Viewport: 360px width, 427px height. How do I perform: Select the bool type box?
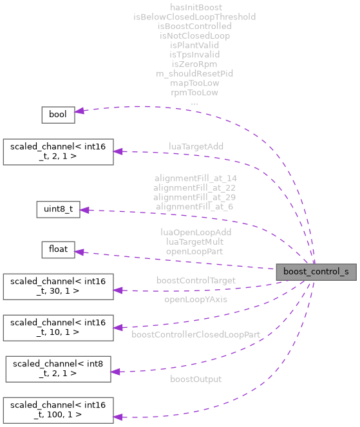coord(58,115)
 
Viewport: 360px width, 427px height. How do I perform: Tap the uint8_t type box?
coord(57,209)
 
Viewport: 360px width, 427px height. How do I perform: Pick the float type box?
coord(58,251)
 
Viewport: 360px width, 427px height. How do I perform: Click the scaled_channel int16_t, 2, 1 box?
coord(58,151)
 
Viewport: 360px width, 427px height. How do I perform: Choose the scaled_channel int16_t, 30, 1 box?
coord(58,287)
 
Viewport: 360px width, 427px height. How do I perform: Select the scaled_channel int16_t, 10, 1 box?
coord(58,328)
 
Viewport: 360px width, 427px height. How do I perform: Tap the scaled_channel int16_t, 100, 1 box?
coord(58,410)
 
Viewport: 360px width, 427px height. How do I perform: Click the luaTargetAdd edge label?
coord(196,147)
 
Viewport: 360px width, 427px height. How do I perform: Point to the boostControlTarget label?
coord(195,280)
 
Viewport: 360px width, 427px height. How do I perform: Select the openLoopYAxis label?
coord(195,299)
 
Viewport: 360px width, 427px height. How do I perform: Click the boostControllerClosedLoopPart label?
coord(195,334)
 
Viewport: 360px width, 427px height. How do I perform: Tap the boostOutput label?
coord(195,379)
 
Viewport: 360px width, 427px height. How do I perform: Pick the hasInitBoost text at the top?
coord(194,7)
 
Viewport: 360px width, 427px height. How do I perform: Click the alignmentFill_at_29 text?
coord(195,196)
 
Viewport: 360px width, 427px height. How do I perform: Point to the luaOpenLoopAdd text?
coord(195,232)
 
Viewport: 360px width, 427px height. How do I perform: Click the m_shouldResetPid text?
coord(194,73)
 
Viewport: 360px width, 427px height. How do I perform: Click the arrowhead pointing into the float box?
coord(80,251)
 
